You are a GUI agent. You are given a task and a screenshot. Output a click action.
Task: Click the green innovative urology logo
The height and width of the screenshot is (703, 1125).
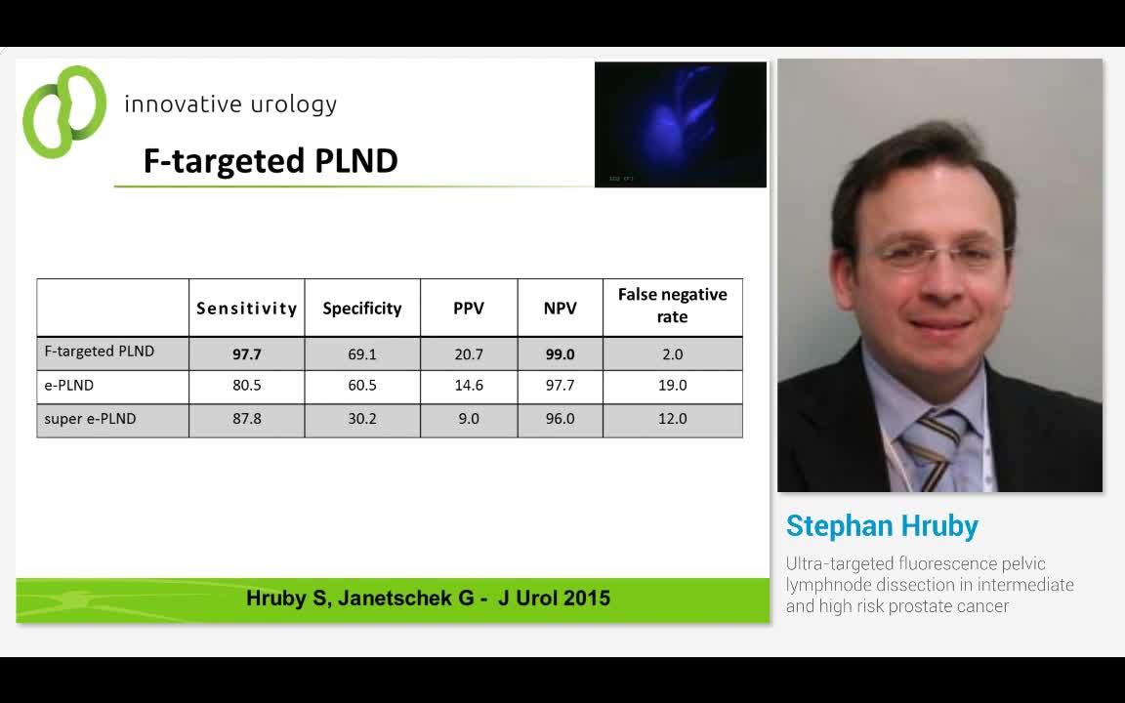point(63,111)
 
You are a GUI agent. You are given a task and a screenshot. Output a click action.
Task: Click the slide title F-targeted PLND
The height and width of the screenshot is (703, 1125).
point(271,161)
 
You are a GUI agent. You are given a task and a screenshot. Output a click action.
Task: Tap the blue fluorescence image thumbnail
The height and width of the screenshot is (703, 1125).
point(680,124)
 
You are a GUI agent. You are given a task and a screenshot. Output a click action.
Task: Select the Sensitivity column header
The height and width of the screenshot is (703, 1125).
point(246,309)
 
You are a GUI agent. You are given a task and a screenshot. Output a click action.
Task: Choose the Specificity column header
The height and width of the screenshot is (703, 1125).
point(362,309)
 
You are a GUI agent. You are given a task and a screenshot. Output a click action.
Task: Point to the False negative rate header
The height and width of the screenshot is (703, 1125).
point(672,306)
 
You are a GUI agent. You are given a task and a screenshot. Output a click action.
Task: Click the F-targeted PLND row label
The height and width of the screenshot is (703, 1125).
point(100,351)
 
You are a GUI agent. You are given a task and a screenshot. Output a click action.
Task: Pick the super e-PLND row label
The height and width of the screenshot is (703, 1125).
point(90,419)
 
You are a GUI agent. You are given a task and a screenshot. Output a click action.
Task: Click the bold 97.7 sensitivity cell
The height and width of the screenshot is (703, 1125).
point(246,354)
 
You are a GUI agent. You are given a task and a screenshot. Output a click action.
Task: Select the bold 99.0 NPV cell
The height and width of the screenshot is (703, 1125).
point(560,354)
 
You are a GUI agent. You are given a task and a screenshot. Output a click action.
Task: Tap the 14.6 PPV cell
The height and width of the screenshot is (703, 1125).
point(469,386)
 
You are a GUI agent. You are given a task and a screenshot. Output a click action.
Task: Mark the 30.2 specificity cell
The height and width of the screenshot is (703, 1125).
point(362,419)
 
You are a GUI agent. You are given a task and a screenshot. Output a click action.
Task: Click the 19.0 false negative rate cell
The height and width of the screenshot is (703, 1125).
point(672,386)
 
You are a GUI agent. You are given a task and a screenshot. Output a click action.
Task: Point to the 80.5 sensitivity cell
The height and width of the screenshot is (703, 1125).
point(246,386)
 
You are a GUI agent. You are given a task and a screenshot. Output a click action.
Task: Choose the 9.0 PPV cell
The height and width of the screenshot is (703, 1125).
point(469,419)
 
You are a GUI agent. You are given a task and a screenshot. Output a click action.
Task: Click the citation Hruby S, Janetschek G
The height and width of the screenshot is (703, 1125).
point(428,599)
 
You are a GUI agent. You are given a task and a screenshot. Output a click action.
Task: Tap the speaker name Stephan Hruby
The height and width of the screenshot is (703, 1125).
point(882,526)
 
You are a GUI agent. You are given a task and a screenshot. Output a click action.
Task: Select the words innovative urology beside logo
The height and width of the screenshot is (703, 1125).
point(230,104)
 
